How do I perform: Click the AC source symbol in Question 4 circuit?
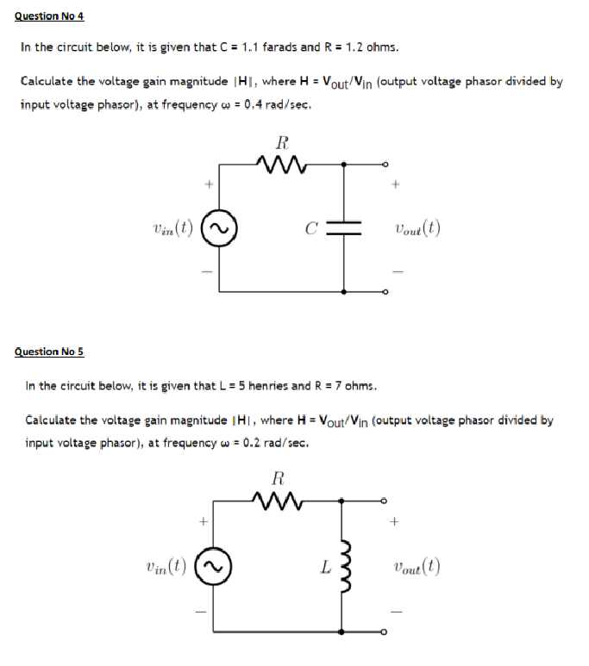(218, 227)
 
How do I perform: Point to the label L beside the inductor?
(323, 567)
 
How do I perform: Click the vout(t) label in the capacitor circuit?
(418, 228)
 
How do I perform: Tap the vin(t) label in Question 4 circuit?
(170, 227)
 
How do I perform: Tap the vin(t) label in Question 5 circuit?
(167, 566)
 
